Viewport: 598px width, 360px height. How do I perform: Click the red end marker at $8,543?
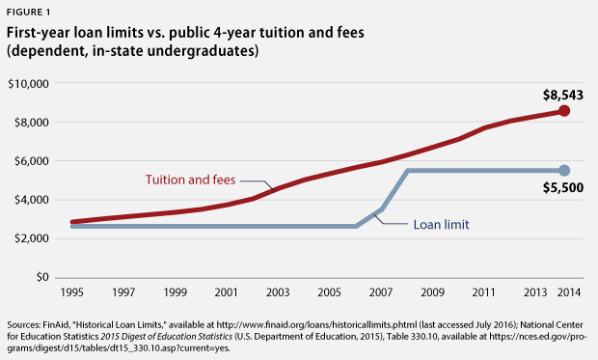(564, 111)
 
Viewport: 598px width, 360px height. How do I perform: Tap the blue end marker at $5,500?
(564, 170)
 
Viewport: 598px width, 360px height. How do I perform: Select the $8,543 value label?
(558, 95)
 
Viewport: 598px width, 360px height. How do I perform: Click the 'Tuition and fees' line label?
(190, 180)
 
